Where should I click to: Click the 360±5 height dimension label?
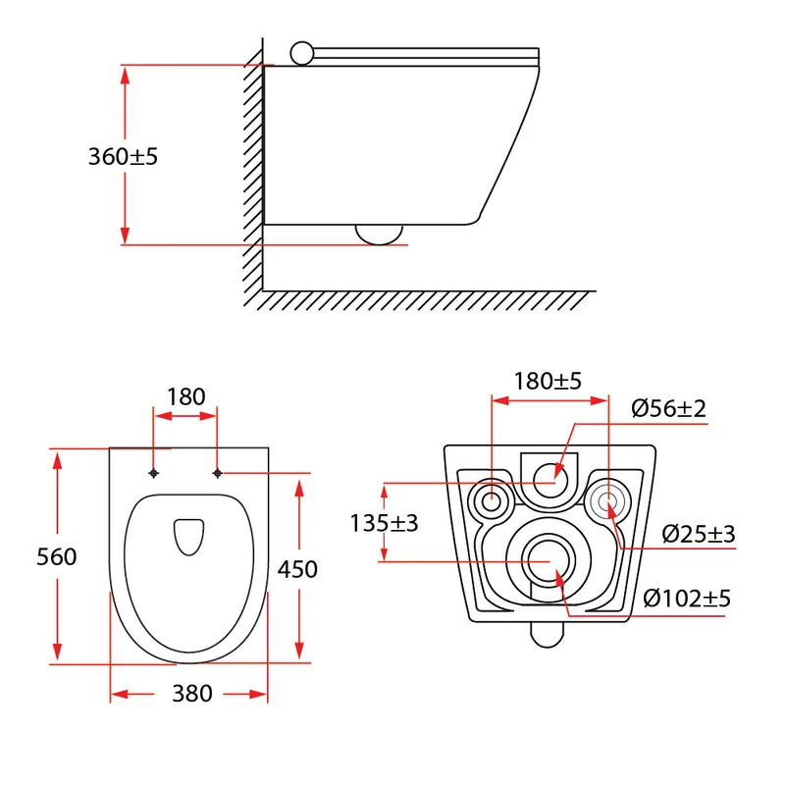123,156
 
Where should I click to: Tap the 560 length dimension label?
57,556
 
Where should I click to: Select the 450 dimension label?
297,569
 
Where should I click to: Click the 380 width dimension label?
192,694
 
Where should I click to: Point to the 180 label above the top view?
185,397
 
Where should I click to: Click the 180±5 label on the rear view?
548,381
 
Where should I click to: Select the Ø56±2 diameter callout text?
668,408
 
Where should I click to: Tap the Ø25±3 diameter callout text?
699,534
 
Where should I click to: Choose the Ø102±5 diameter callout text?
687,598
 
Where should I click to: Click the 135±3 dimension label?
384,523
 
